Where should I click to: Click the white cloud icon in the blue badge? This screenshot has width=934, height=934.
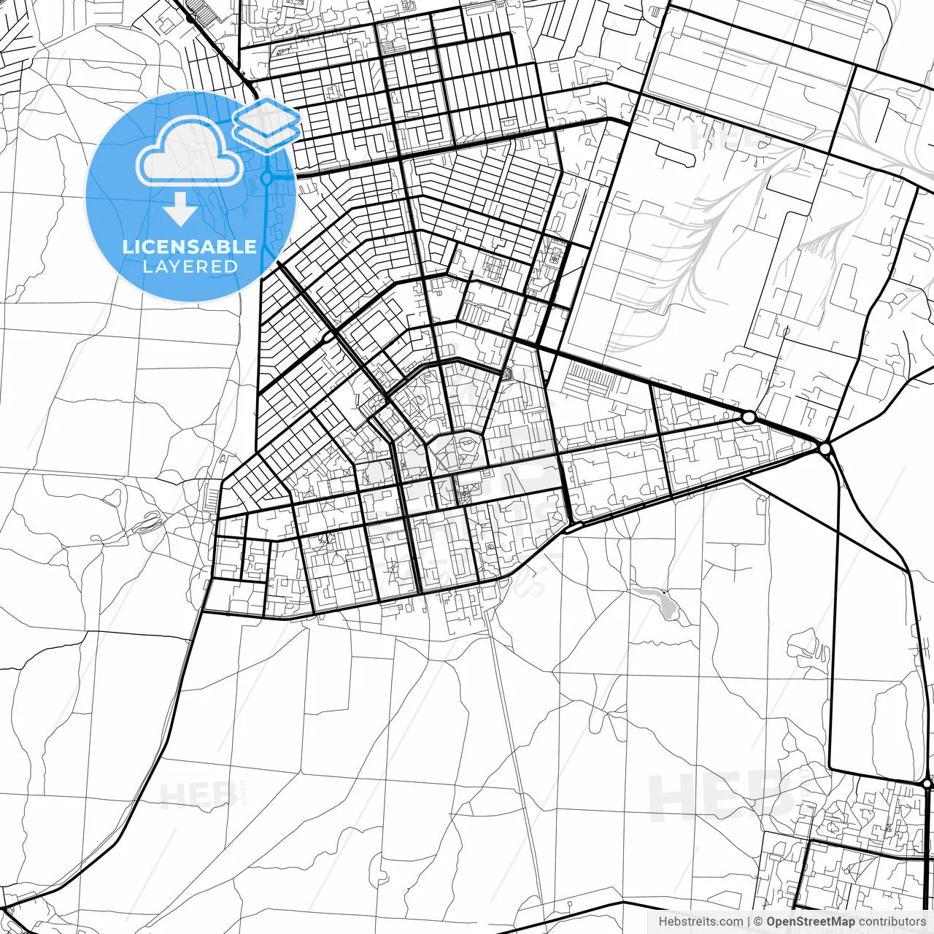click(190, 151)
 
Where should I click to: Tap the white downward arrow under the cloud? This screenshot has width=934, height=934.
click(180, 210)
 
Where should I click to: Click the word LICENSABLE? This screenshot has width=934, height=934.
click(190, 247)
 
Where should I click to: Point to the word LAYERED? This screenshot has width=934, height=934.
click(190, 267)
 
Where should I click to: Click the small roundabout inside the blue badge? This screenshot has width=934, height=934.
click(267, 177)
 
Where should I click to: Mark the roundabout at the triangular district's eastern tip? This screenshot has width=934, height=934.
click(825, 449)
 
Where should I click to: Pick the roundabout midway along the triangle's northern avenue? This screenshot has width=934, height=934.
click(749, 417)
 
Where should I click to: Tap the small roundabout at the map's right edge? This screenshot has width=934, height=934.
click(927, 784)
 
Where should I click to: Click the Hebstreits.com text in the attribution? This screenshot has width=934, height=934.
click(700, 922)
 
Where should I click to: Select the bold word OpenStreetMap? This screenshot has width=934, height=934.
click(810, 922)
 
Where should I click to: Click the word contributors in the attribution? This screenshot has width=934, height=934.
click(892, 922)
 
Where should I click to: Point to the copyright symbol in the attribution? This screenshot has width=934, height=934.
click(759, 922)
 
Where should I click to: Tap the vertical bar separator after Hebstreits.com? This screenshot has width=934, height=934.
click(749, 922)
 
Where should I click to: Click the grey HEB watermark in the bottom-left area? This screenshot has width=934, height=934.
click(197, 795)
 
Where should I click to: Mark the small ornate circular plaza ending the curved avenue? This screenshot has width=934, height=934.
click(506, 374)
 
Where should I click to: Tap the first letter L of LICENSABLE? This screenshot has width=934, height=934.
click(128, 247)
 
